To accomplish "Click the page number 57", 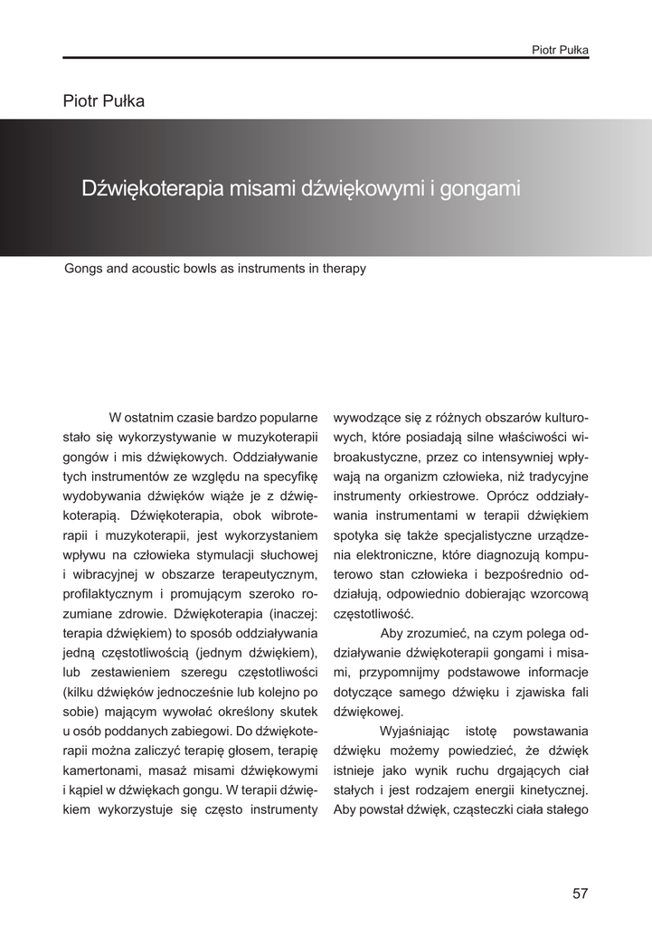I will (580, 893).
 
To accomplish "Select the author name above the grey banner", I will (104, 100).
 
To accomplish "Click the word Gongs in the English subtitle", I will (82, 269).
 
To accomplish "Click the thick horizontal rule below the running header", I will (326, 58).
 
